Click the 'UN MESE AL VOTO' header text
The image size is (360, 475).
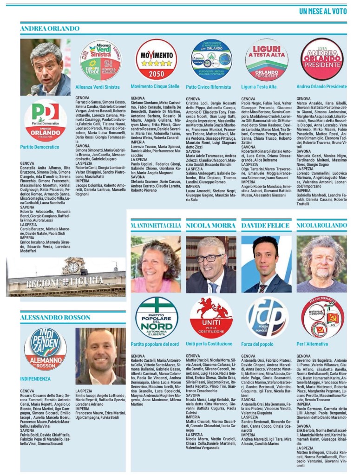[323, 11]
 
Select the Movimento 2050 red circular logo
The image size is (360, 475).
[156, 59]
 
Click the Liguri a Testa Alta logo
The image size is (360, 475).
[266, 60]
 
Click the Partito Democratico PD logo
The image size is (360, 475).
[46, 119]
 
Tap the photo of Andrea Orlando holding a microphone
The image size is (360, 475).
[46, 67]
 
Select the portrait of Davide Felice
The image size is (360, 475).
[266, 264]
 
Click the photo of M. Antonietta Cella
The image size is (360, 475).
[156, 264]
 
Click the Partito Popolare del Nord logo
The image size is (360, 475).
[156, 318]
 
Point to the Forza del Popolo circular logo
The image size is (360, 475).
[266, 318]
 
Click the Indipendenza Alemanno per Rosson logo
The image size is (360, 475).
[46, 349]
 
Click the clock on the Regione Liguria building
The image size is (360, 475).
[73, 267]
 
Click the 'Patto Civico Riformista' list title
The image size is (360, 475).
[208, 87]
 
